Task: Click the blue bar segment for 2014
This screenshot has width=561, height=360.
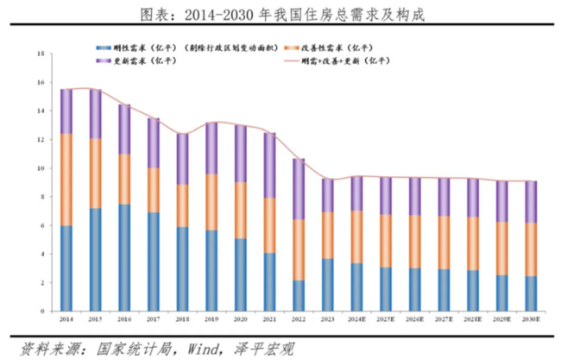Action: click(66, 268)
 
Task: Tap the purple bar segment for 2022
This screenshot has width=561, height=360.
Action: click(299, 188)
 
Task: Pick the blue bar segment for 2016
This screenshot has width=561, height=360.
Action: click(124, 257)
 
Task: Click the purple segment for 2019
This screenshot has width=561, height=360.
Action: click(211, 148)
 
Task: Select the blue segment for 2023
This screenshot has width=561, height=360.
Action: click(328, 284)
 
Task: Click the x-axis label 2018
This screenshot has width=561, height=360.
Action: click(182, 319)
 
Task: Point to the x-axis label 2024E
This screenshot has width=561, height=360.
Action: click(357, 319)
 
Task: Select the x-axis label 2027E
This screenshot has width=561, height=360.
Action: click(444, 319)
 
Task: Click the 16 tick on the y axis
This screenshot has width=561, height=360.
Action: click(41, 82)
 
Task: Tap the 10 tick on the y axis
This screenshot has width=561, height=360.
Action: click(41, 167)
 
